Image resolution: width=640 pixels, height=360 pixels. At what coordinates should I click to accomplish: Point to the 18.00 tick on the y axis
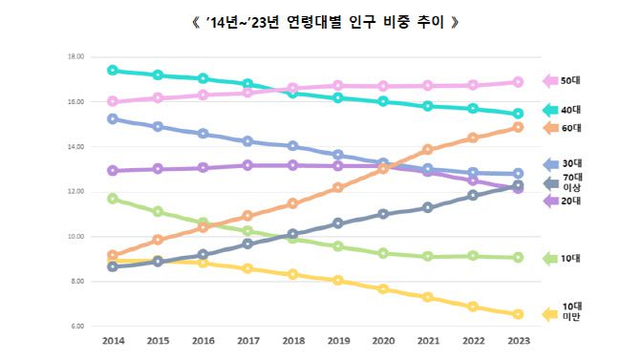[x=75, y=57]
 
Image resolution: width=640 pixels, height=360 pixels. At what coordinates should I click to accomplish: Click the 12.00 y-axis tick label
[x=75, y=192]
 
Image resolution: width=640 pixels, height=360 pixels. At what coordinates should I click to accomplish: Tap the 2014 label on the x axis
[x=113, y=340]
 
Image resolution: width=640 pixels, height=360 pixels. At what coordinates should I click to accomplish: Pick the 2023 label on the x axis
[x=518, y=340]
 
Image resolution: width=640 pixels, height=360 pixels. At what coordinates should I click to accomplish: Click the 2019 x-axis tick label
[x=338, y=340]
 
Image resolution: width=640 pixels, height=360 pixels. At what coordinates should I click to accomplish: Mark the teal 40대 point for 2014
[x=113, y=70]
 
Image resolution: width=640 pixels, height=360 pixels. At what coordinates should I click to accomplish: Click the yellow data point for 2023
[x=518, y=314]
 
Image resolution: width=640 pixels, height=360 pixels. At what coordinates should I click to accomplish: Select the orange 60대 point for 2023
[x=518, y=127]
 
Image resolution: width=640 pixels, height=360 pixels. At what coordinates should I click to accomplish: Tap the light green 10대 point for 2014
[x=113, y=199]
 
